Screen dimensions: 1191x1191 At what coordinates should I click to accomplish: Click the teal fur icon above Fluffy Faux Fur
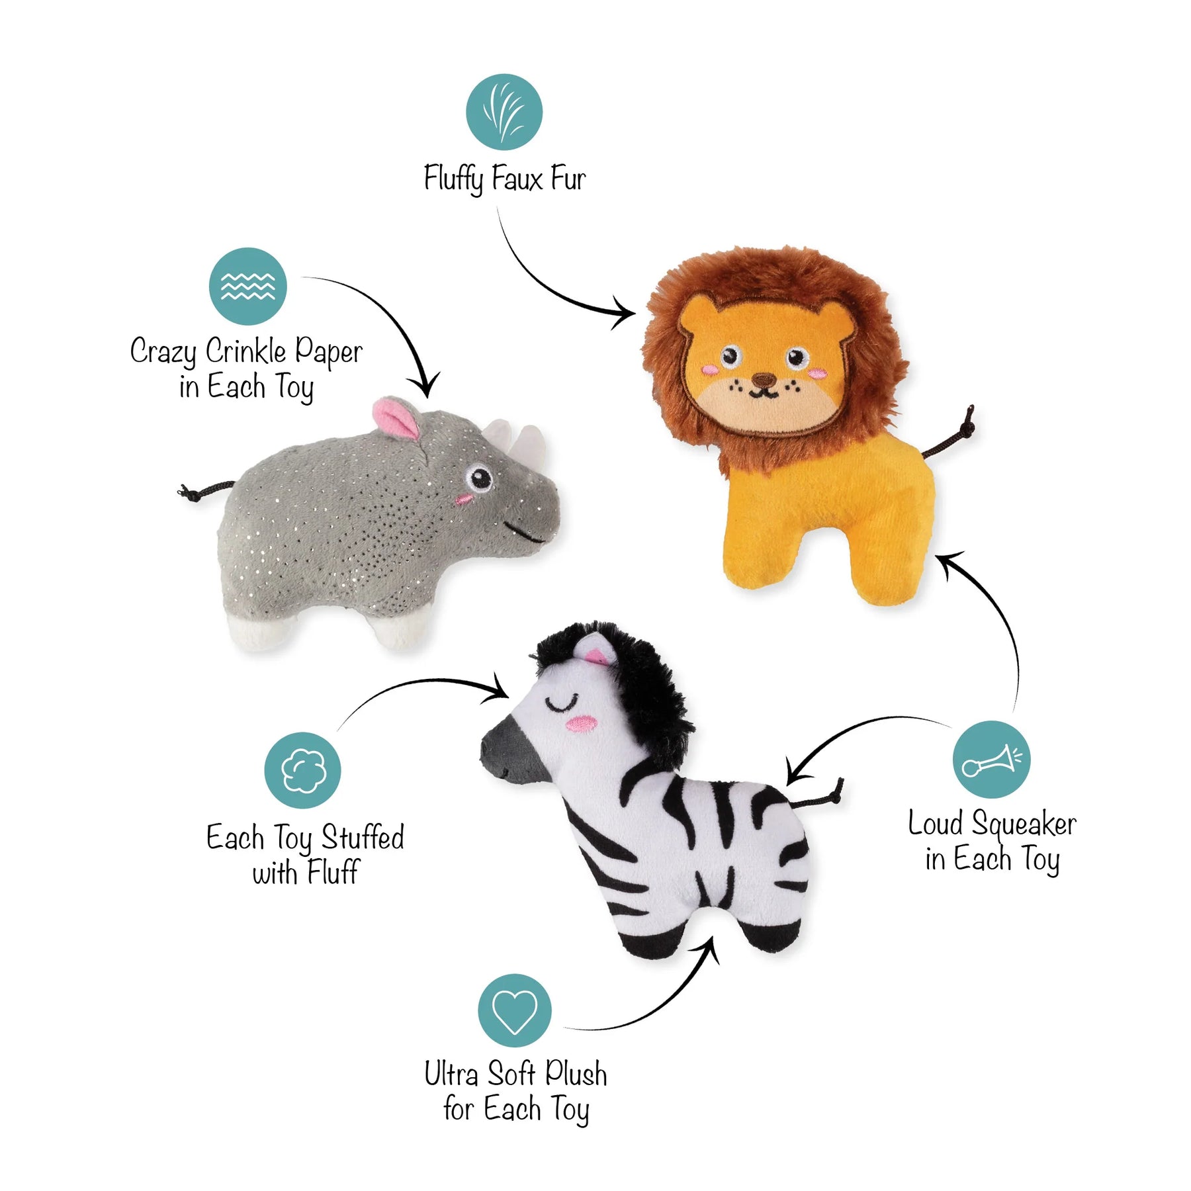tap(504, 112)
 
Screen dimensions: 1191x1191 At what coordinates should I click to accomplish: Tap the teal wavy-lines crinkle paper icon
tap(247, 286)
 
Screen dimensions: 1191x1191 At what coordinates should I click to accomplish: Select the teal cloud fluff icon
tap(302, 770)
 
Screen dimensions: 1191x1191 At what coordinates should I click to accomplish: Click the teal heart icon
tap(514, 1010)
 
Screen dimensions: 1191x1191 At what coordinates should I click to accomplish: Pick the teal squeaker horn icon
tap(991, 759)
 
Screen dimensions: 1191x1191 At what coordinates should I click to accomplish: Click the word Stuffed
tap(363, 837)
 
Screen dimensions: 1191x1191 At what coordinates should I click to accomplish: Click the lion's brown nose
tap(765, 380)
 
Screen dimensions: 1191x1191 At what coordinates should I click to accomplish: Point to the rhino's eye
tap(478, 477)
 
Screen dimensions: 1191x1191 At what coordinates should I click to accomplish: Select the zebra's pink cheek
tap(581, 724)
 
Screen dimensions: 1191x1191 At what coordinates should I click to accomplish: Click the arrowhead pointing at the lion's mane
tap(625, 312)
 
